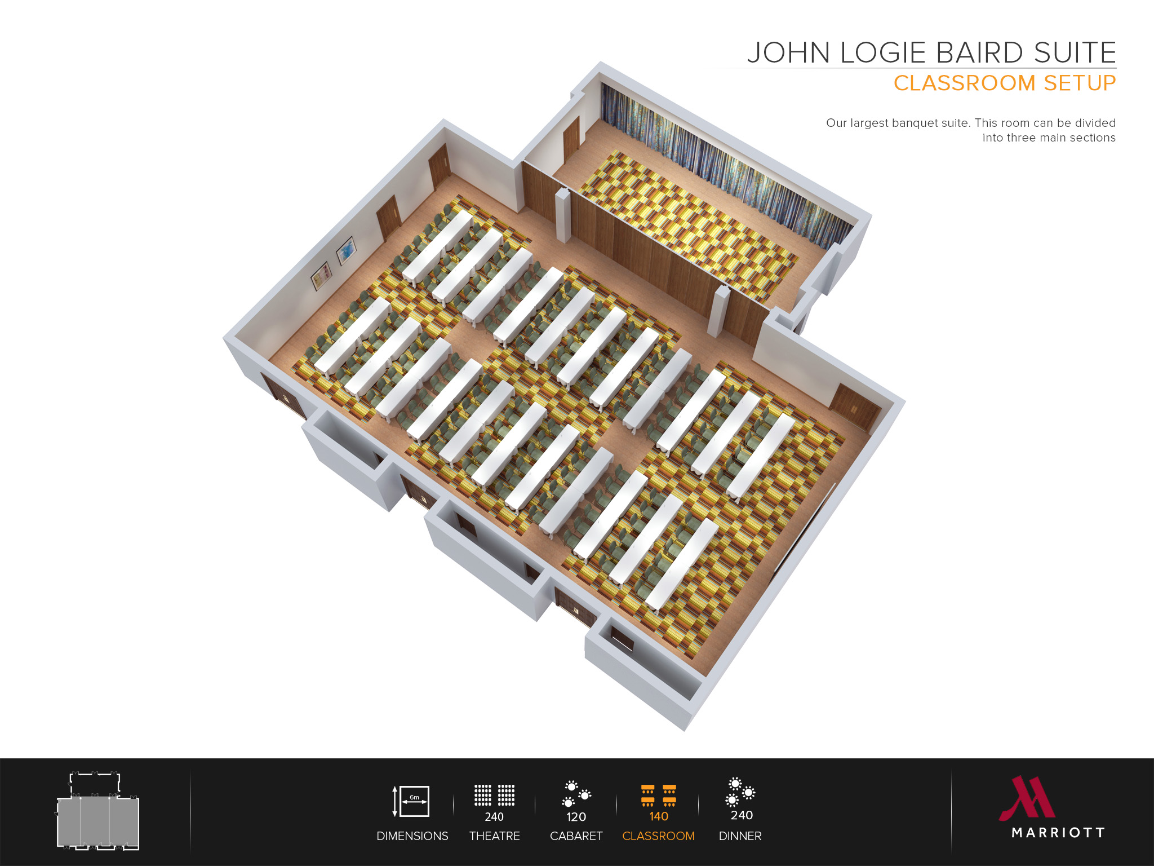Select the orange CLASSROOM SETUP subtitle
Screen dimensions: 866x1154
coord(1004,83)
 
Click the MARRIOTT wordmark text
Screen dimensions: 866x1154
coord(1058,833)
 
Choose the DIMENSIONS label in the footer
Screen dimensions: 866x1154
coord(412,836)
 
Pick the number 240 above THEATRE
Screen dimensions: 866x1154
coord(494,817)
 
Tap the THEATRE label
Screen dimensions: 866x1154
coord(494,836)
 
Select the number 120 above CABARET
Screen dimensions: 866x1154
coord(576,817)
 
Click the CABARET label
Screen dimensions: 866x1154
coord(576,836)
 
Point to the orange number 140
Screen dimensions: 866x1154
coord(658,816)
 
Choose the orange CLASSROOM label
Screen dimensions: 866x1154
coord(658,836)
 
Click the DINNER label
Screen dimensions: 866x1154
coord(740,836)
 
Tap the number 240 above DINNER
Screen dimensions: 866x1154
coord(742,815)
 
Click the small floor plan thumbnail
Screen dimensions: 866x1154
coord(98,812)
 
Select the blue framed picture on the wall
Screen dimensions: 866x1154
coord(346,250)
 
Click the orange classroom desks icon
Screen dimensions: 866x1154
coord(658,795)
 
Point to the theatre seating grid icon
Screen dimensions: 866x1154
coord(494,795)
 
